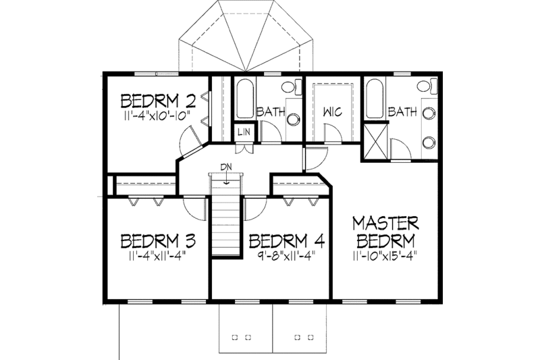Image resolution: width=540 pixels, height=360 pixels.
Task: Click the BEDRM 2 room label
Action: pyautogui.click(x=158, y=101)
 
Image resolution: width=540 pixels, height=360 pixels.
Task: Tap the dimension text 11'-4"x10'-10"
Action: pyautogui.click(x=158, y=116)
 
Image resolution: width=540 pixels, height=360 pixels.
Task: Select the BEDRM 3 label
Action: pyautogui.click(x=158, y=241)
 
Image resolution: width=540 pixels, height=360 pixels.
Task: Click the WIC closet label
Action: pyautogui.click(x=333, y=112)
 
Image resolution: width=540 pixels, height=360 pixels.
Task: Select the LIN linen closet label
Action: pyautogui.click(x=244, y=132)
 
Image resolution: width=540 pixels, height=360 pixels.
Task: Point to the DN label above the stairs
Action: pyautogui.click(x=225, y=167)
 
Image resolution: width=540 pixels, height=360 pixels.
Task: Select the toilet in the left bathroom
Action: pyautogui.click(x=289, y=87)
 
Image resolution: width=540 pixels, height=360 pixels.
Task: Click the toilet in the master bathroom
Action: pyautogui.click(x=423, y=87)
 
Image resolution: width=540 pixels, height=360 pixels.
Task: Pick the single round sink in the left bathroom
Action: pyautogui.click(x=293, y=120)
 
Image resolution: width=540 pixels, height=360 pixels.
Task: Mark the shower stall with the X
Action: pyautogui.click(x=375, y=143)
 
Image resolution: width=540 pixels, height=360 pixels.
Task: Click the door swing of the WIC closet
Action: pyautogui.click(x=334, y=135)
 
